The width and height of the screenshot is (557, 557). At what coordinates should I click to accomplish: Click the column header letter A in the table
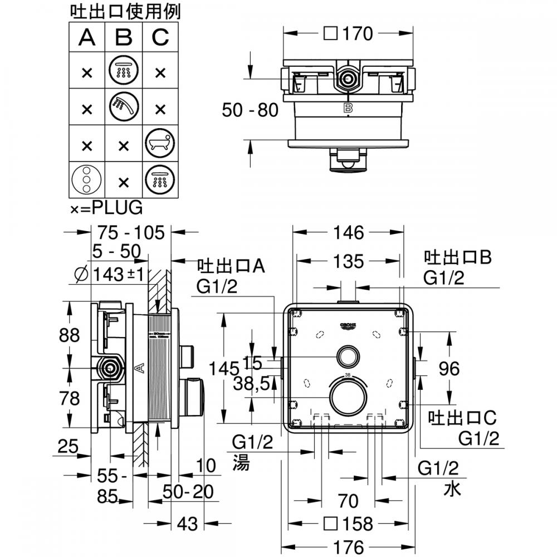pyautogui.click(x=86, y=37)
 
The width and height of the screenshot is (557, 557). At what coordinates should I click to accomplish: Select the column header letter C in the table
pyautogui.click(x=160, y=37)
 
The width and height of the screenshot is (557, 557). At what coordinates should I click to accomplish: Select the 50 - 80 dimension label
pyautogui.click(x=249, y=110)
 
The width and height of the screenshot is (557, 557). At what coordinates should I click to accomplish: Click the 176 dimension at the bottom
pyautogui.click(x=349, y=546)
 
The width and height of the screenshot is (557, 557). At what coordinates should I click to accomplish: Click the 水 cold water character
pyautogui.click(x=452, y=489)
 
